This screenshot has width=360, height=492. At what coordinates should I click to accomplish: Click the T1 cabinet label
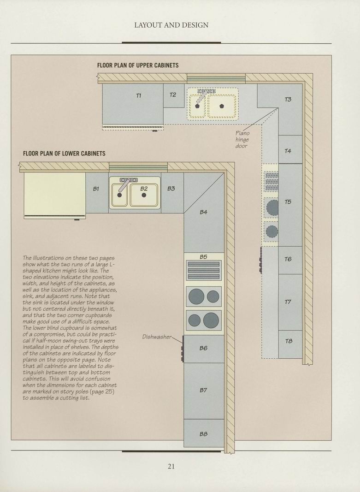(139, 96)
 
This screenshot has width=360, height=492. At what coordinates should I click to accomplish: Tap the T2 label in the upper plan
(173, 95)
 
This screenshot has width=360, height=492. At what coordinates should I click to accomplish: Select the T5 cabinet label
(288, 202)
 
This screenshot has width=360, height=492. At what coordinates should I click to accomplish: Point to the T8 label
(289, 341)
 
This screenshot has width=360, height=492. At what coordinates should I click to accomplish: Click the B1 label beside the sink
(96, 189)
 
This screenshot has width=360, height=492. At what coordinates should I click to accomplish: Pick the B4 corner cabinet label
(204, 212)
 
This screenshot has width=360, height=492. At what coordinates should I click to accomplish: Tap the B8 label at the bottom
(204, 434)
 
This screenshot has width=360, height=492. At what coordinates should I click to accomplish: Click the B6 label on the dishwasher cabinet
(204, 348)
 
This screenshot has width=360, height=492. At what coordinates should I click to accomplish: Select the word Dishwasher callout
(157, 337)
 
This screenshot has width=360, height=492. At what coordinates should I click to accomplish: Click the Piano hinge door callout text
(242, 140)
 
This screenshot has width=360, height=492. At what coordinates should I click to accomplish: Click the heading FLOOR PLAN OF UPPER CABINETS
(138, 65)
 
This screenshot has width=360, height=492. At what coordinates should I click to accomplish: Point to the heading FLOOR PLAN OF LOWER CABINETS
(64, 154)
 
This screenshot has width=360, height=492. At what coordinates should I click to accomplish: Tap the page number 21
(171, 466)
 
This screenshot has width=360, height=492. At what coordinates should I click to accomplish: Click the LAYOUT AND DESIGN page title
(171, 25)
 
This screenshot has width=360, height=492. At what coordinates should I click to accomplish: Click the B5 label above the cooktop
(204, 257)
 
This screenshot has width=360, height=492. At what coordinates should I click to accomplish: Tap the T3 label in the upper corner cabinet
(288, 100)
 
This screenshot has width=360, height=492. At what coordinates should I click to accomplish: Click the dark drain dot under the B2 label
(144, 195)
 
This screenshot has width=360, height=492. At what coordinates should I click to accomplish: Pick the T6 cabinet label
(288, 259)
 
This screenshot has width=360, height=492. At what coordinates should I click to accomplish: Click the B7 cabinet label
(204, 390)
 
